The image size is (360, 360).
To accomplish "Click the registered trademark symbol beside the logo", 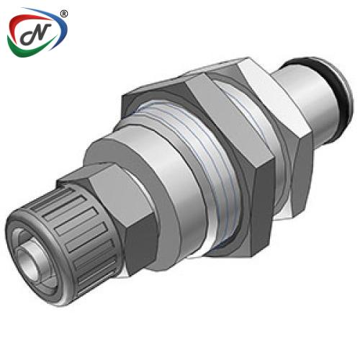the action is click(64, 14).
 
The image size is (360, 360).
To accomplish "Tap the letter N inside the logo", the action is click(36, 34).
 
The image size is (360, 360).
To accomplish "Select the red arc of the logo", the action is click(30, 22).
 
